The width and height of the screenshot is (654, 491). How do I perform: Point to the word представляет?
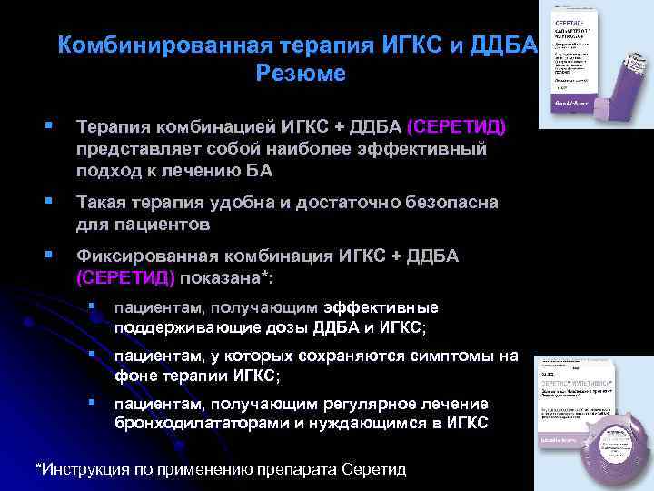coord(133,148)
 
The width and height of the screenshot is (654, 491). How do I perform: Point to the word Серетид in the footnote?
coord(372,469)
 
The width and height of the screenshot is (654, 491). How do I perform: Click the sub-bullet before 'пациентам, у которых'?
coord(93,356)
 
